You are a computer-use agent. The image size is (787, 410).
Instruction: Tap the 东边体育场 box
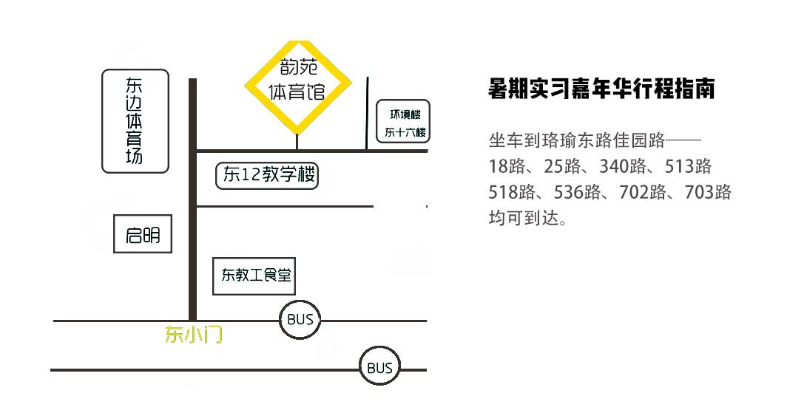coord(135,121)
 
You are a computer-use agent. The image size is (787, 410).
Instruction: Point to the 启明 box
coord(143,235)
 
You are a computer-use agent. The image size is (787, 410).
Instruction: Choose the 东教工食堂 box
coord(254,276)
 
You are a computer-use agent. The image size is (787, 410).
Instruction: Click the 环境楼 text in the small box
coord(405,115)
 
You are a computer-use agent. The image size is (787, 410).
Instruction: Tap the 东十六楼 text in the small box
coord(405,133)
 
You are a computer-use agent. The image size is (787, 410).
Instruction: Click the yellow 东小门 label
coord(193,336)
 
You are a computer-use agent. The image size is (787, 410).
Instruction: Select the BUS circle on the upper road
coord(300,320)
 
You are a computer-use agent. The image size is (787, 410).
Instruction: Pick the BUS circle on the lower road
coord(380,368)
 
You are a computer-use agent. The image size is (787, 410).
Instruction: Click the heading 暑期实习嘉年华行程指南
coord(601,89)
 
